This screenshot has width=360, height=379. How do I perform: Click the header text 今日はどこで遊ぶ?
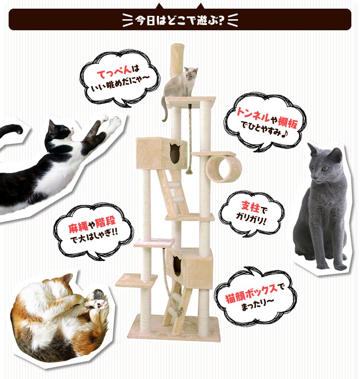[180, 21]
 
